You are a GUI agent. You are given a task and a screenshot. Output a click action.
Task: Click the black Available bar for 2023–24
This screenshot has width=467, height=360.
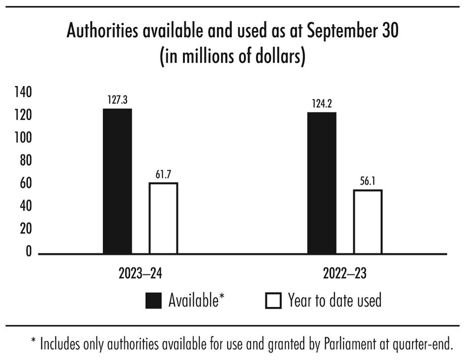pos(117,181)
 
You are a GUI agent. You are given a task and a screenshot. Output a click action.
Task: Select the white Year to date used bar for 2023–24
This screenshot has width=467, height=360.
pos(163,218)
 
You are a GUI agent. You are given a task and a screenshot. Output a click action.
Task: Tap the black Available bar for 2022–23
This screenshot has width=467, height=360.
pos(321,183)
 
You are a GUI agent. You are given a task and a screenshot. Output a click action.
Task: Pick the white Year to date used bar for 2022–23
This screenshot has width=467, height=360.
pos(367,222)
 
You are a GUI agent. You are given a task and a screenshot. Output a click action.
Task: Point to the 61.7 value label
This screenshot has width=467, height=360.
pos(163,175)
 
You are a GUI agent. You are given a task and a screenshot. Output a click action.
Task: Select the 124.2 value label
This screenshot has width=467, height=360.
pos(321,104)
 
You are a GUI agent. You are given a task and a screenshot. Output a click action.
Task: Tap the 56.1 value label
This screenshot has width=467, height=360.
pos(367,182)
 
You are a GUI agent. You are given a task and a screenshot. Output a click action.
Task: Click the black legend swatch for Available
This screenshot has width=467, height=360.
pos(153,300)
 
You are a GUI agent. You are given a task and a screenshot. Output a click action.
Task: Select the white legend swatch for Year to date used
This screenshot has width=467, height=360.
pos(273,300)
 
